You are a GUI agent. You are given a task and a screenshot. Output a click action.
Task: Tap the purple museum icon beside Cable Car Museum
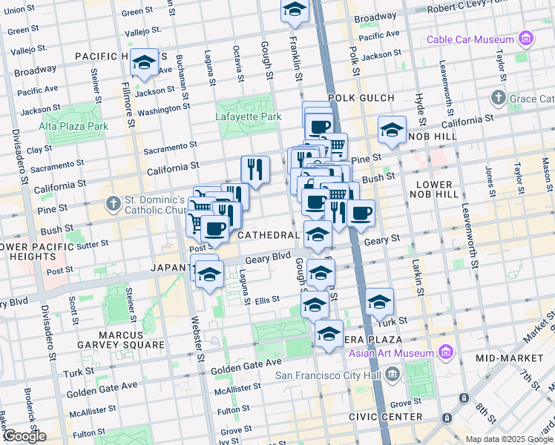(x=526, y=39)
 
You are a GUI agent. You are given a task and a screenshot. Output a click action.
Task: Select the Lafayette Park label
(x=249, y=116)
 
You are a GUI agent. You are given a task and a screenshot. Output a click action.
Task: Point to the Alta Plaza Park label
(x=73, y=126)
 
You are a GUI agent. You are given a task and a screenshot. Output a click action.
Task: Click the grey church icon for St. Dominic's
(x=112, y=202)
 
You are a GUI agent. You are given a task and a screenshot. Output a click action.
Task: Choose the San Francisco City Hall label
(x=332, y=375)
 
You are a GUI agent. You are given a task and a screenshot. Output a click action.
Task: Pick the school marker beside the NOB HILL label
(x=391, y=131)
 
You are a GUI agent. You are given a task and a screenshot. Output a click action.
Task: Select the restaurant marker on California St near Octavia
(x=254, y=170)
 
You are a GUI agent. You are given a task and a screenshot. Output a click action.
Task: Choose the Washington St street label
(x=164, y=111)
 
